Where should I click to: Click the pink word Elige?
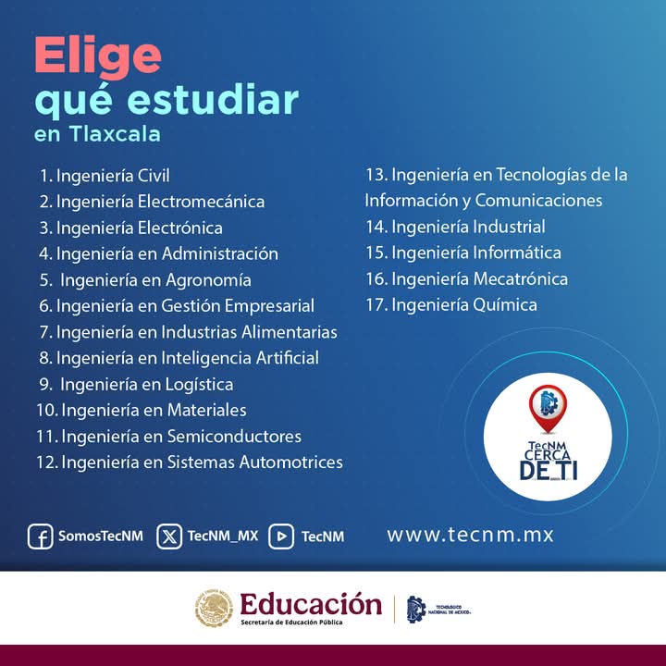(98, 57)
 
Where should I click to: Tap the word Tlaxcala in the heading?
(115, 134)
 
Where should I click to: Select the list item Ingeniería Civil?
(105, 176)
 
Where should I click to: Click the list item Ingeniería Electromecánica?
(152, 202)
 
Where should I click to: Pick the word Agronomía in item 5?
(208, 280)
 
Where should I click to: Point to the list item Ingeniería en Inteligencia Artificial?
(179, 358)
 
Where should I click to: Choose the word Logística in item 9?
(199, 385)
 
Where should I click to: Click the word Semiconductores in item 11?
(234, 437)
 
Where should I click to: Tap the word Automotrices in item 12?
(291, 462)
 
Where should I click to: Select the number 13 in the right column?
(376, 175)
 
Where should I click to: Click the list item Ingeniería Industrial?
(456, 227)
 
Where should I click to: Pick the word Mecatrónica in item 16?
(520, 279)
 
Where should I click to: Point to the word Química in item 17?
(505, 305)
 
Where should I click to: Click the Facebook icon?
(41, 536)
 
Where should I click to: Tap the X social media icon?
(169, 536)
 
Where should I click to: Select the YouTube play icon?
(281, 536)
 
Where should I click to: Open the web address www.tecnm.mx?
(470, 535)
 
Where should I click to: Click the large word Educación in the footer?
(311, 604)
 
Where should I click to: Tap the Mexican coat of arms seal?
(214, 609)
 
